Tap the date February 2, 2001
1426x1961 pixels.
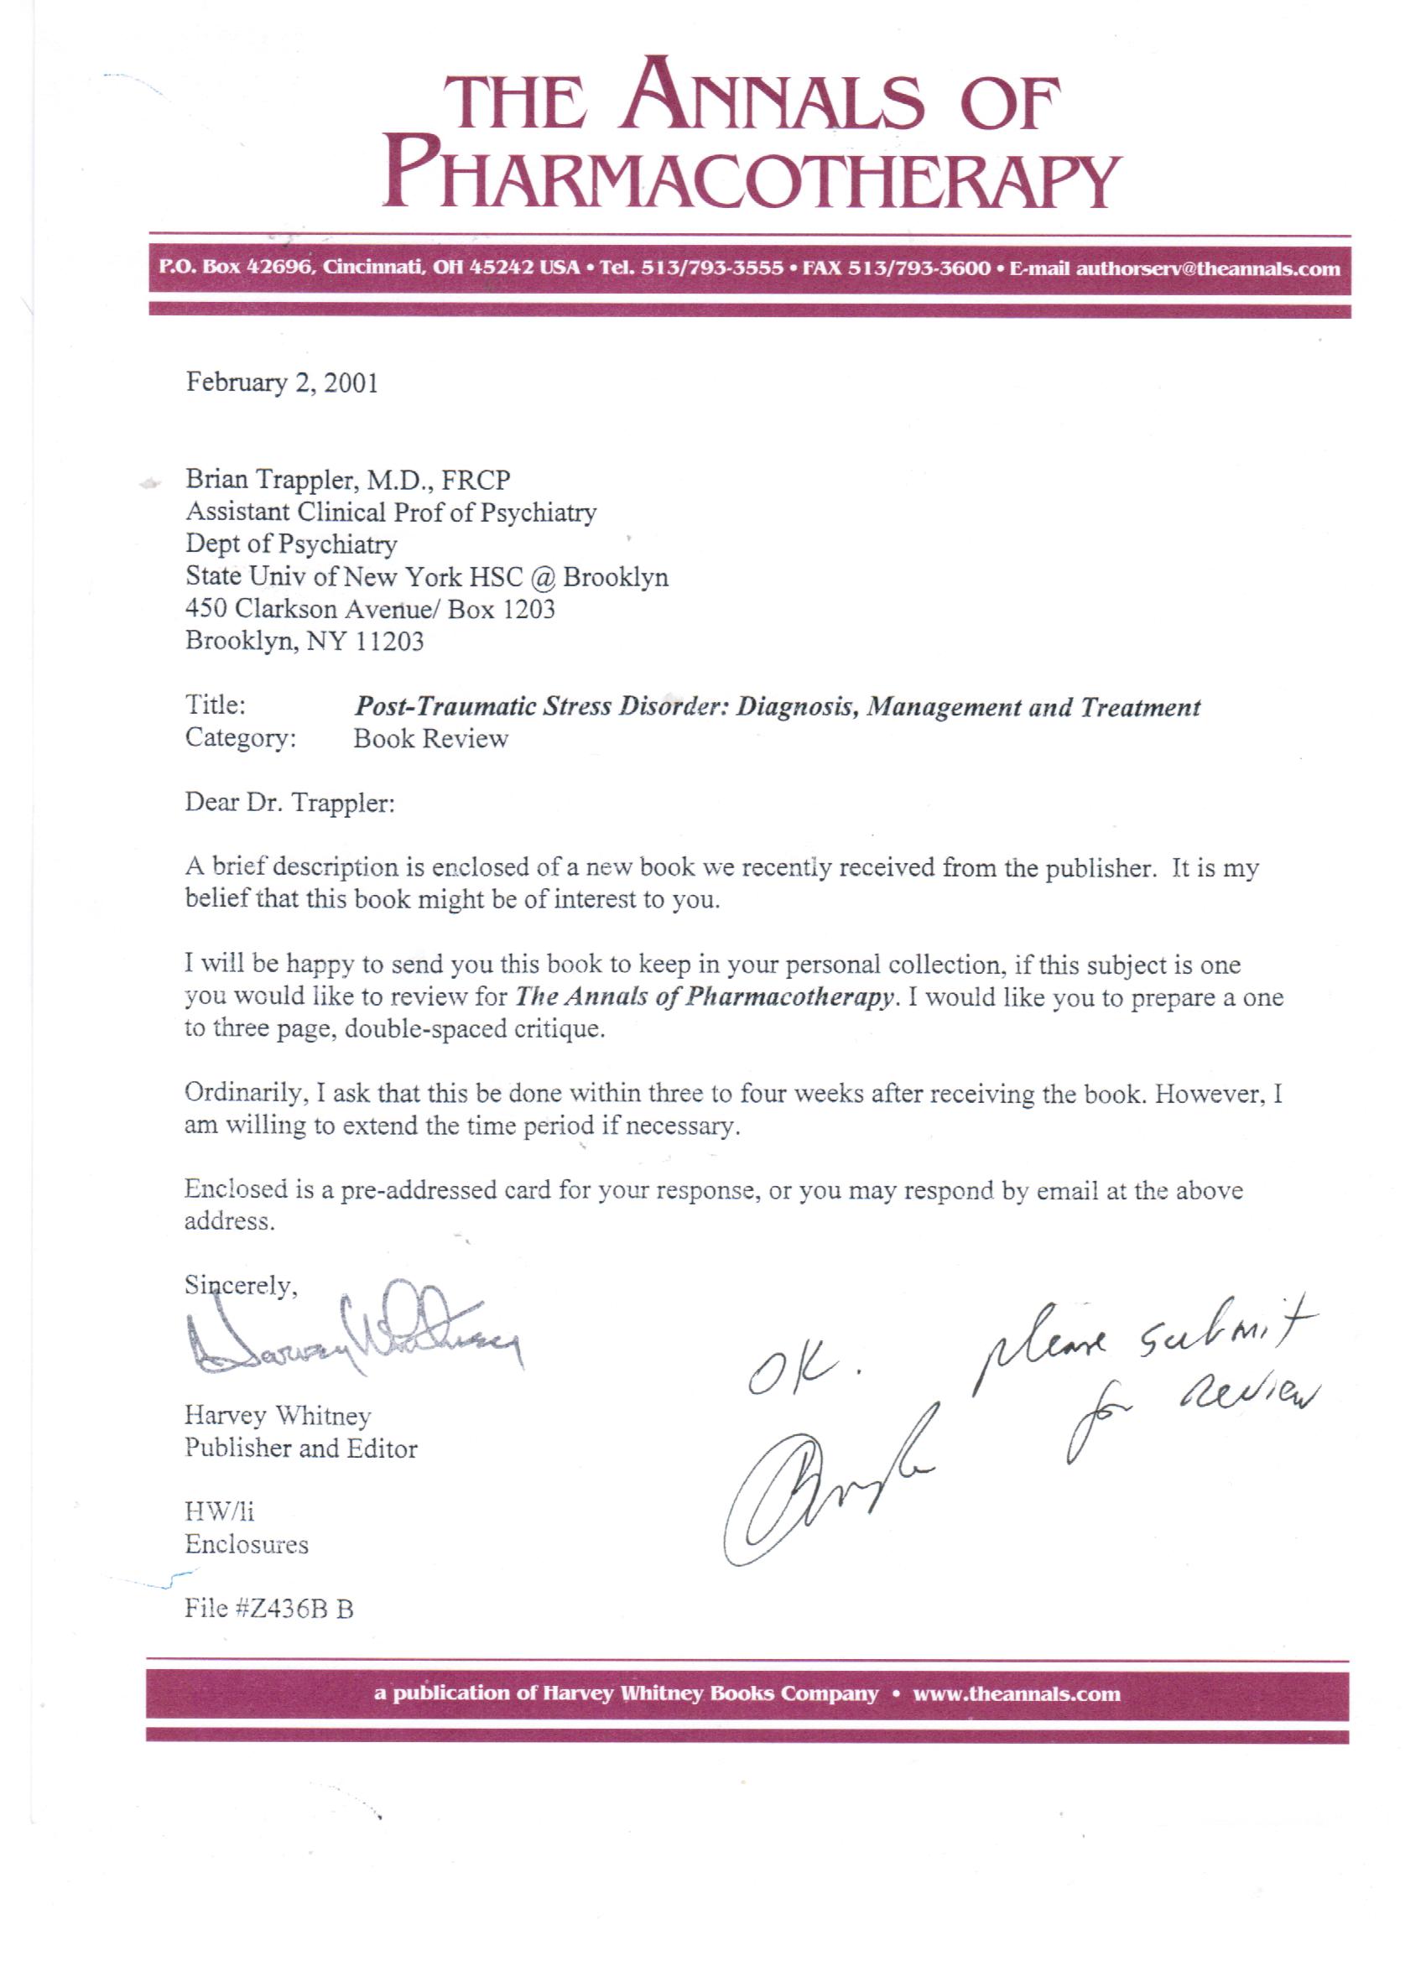(x=282, y=382)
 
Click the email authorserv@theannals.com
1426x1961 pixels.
(x=1207, y=268)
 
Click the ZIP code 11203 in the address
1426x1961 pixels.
(x=389, y=642)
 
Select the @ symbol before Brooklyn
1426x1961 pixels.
(x=543, y=577)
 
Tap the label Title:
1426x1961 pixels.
(x=216, y=705)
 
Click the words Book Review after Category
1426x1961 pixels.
(x=430, y=739)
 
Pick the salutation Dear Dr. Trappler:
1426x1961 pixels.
(x=289, y=804)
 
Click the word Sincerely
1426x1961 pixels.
(x=241, y=1286)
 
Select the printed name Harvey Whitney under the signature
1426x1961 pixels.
(x=278, y=1417)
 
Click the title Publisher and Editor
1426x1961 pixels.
(x=301, y=1449)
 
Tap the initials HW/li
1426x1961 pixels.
(x=220, y=1512)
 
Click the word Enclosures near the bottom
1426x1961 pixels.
(x=247, y=1545)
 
